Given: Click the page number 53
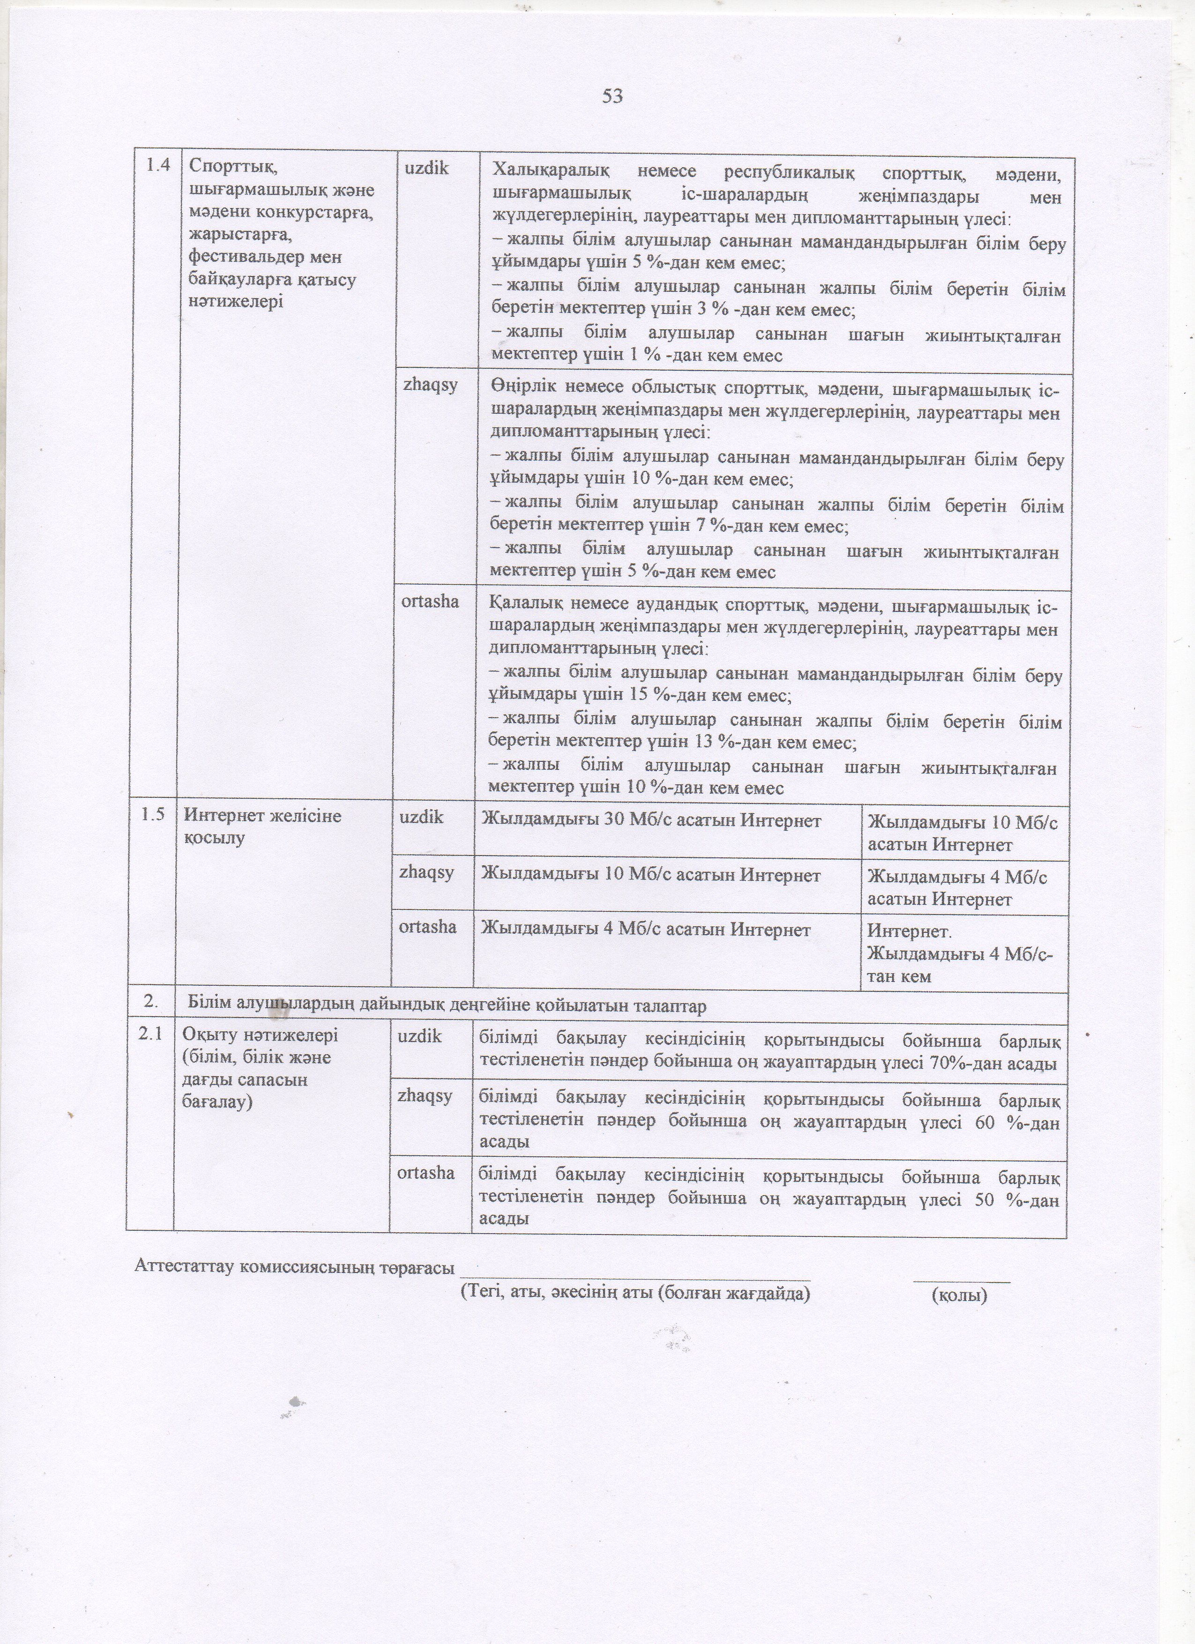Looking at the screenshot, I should coord(612,97).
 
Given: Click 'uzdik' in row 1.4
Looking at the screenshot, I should coord(426,168).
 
